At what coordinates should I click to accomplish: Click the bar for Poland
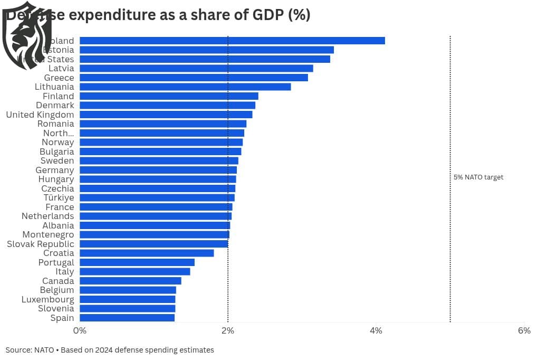click(232, 41)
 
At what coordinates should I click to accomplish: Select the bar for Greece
click(194, 78)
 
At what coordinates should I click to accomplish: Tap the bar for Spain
click(127, 318)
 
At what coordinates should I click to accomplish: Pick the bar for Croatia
click(147, 253)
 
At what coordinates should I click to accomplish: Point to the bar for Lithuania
click(185, 87)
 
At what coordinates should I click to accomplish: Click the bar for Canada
click(130, 281)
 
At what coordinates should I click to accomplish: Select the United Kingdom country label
click(40, 115)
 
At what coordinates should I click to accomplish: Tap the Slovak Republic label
click(41, 244)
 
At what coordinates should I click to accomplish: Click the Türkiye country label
click(59, 197)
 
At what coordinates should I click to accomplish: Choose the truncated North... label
click(59, 133)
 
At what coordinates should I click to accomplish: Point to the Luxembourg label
click(47, 299)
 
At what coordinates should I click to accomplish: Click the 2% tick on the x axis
click(228, 331)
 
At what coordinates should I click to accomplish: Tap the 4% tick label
click(376, 331)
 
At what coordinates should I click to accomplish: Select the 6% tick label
click(524, 331)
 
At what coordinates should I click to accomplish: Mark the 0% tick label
click(80, 331)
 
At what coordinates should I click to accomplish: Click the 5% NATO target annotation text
click(478, 177)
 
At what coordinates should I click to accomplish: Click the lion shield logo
click(26, 35)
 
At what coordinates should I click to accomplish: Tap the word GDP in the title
click(267, 15)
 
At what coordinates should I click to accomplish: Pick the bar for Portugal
click(137, 262)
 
